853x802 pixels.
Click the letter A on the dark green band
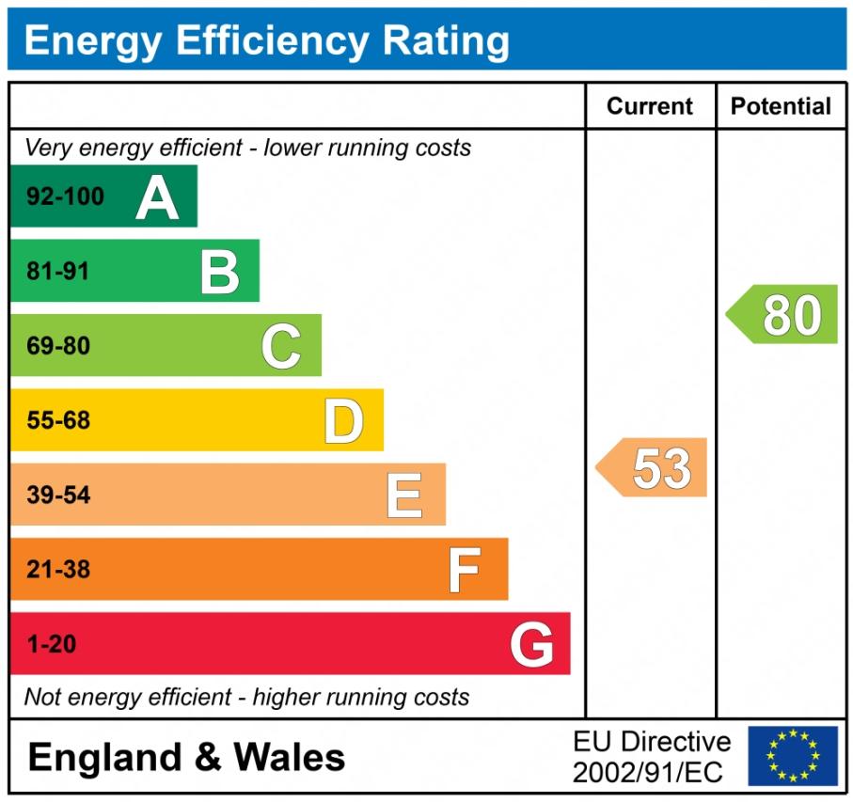[x=157, y=197]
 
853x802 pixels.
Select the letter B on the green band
[x=220, y=272]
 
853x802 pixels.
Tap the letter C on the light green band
[x=281, y=346]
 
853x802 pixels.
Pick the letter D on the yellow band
[x=343, y=421]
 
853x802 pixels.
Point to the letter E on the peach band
[x=404, y=495]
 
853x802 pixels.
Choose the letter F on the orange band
[x=464, y=570]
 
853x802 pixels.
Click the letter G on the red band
[x=531, y=645]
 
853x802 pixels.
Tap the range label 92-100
[x=65, y=197]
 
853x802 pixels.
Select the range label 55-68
[x=58, y=421]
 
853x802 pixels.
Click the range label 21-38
[x=58, y=570]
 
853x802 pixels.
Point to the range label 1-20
[x=51, y=645]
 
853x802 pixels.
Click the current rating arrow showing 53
[x=653, y=467]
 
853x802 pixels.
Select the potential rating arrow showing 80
[x=783, y=315]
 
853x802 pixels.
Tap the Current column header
[x=650, y=106]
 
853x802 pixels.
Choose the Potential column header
[x=781, y=106]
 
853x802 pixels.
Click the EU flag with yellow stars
[x=793, y=756]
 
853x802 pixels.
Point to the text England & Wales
[x=186, y=757]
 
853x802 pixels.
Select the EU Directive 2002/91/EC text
[x=651, y=757]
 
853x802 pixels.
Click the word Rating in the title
[x=446, y=40]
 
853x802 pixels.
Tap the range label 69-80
[x=58, y=346]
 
